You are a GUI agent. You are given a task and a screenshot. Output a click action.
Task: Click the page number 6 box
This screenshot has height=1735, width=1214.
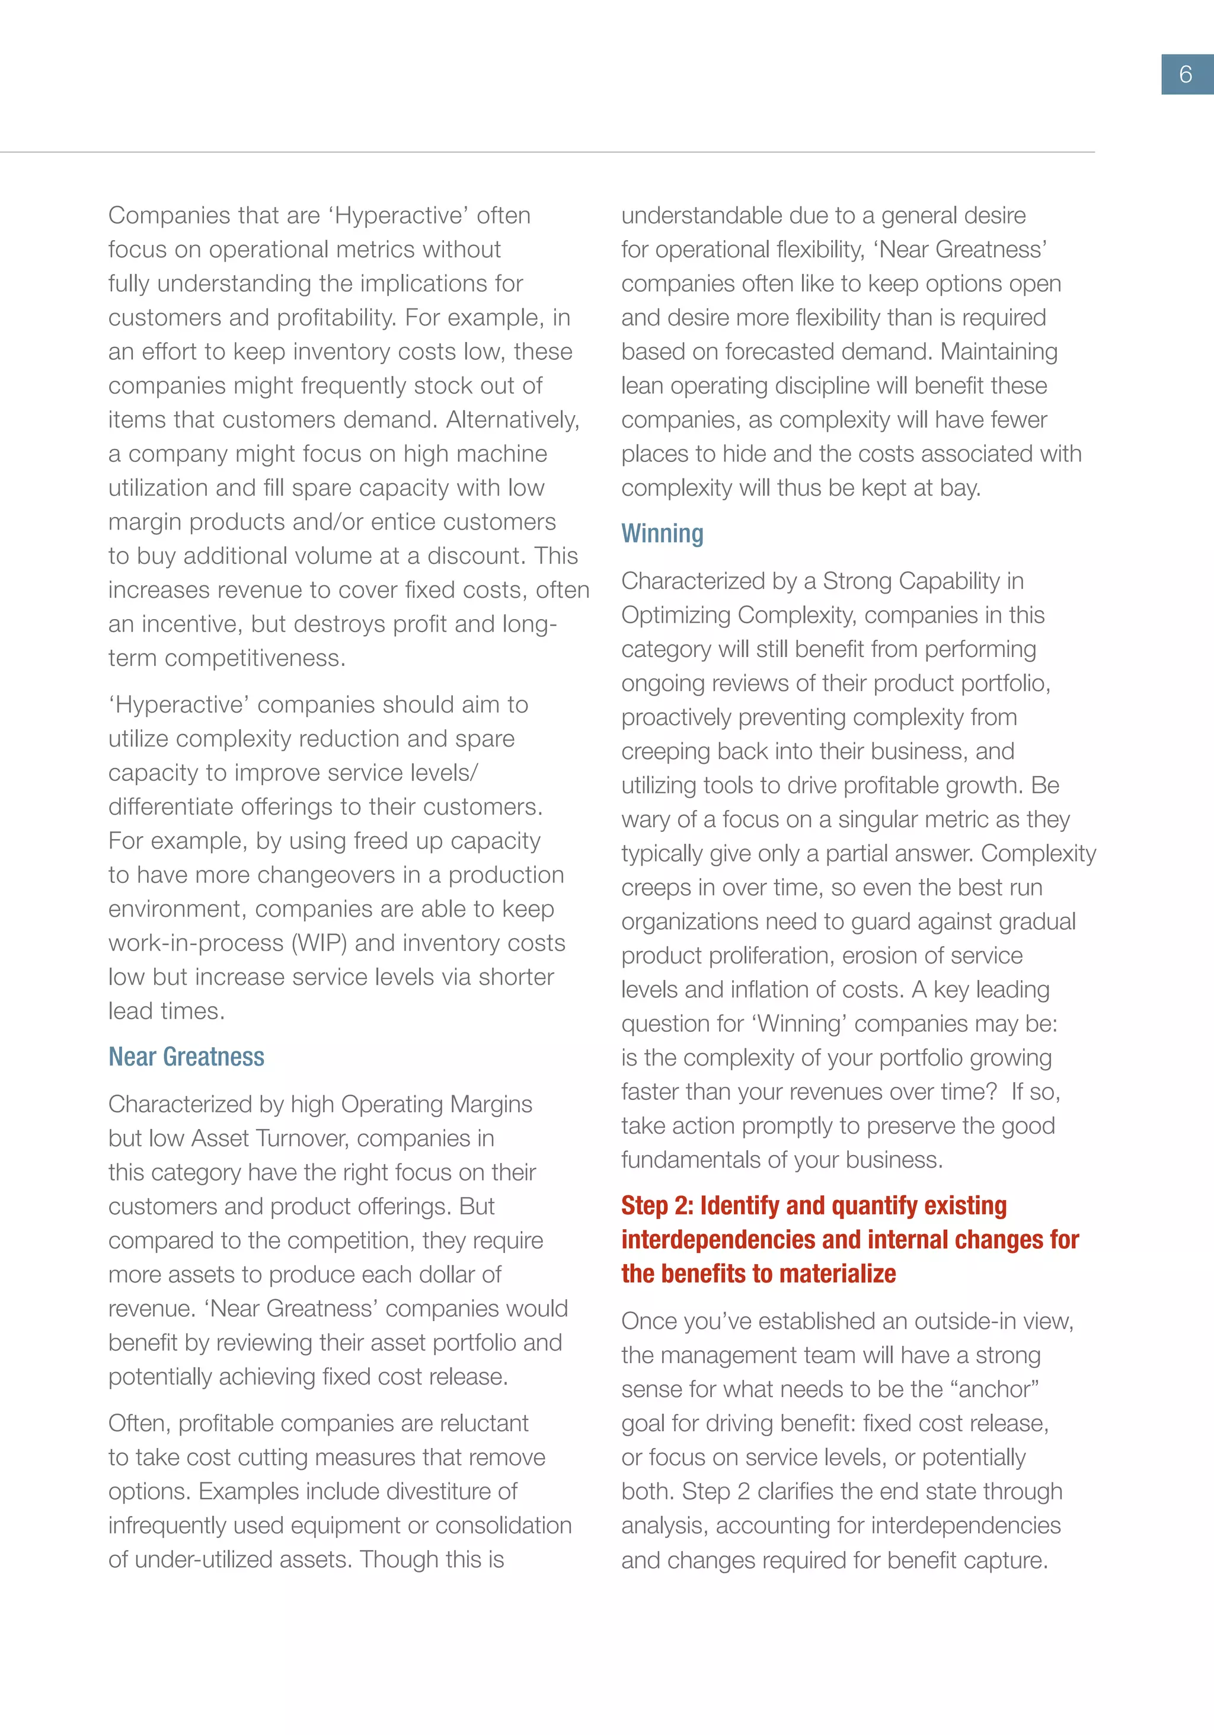(1186, 74)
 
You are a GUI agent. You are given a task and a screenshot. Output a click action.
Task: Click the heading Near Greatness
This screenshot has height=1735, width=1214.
(186, 1057)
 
